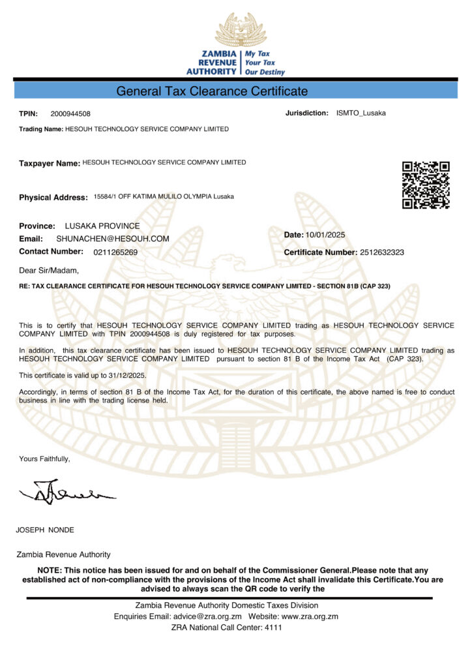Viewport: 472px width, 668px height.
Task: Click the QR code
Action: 426,185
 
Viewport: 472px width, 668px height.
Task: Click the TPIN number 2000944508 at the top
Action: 70,114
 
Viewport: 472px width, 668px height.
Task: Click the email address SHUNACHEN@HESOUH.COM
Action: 113,239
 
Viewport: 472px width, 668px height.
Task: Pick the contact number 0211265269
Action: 115,252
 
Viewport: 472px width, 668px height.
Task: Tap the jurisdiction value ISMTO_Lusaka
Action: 361,113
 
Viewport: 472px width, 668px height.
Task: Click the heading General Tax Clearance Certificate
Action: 212,91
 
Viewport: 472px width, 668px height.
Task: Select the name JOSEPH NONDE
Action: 45,530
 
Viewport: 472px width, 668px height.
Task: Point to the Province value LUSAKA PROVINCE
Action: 102,226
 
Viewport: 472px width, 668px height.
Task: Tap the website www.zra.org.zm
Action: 310,616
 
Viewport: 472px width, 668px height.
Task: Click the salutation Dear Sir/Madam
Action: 49,271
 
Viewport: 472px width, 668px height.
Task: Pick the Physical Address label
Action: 53,197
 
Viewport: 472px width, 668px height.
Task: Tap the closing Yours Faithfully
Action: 44,459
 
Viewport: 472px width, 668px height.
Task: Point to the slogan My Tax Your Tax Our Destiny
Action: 264,63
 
